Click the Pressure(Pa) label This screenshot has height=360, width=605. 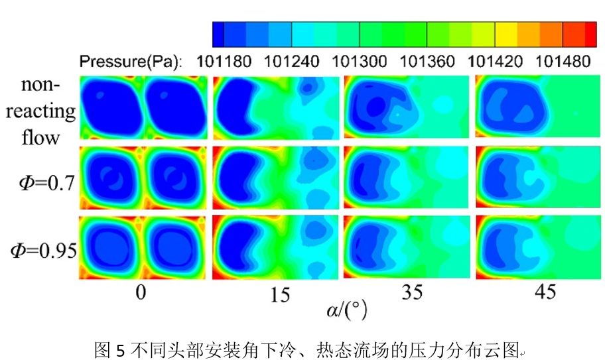tap(131, 62)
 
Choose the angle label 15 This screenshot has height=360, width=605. tap(281, 295)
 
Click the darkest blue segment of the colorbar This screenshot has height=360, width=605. tap(218, 34)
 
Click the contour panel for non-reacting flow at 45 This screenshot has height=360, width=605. tap(536, 107)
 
